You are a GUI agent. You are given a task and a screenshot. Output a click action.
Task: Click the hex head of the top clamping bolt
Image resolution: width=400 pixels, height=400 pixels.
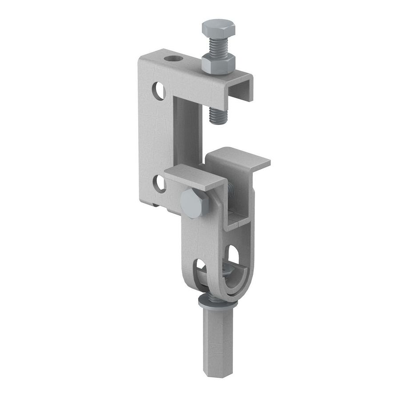(218, 28)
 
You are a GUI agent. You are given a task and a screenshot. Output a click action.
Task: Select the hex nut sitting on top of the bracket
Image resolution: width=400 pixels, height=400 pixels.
(218, 63)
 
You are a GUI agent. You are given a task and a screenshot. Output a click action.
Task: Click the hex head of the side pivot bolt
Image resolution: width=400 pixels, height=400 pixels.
(194, 203)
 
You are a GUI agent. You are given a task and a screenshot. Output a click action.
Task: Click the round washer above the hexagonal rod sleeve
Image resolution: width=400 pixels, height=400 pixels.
(216, 302)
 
